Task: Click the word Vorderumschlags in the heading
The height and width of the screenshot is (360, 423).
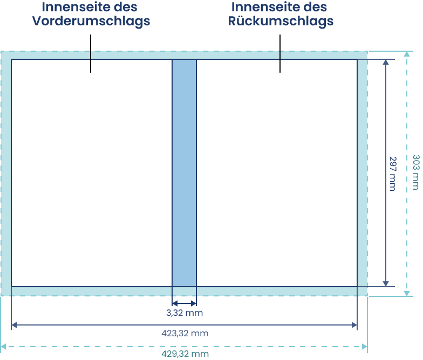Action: (91, 22)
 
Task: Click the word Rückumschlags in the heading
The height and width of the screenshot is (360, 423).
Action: (281, 22)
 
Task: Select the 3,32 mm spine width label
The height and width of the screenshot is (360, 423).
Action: (185, 313)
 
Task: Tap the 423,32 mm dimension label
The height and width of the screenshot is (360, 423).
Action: (185, 333)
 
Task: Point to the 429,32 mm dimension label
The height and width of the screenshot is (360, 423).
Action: (185, 354)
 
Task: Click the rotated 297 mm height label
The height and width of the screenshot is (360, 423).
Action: (393, 174)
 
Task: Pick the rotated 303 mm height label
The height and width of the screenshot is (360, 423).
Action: (417, 172)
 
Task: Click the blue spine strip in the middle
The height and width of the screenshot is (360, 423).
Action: (185, 173)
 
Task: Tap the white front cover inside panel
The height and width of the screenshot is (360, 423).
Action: (92, 173)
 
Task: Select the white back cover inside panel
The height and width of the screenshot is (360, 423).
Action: (277, 173)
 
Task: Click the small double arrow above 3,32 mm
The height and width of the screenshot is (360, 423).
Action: (185, 303)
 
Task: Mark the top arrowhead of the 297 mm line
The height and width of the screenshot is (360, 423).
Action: (386, 63)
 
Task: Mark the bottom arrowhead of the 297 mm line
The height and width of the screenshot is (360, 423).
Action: (386, 283)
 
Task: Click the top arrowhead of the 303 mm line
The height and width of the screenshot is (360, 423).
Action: (407, 54)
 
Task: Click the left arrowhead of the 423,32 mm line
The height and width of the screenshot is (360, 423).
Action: (14, 325)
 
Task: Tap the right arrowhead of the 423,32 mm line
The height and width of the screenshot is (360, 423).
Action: (354, 325)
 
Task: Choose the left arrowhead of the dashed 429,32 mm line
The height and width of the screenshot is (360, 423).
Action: (3, 347)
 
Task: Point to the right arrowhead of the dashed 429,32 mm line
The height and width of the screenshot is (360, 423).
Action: (365, 347)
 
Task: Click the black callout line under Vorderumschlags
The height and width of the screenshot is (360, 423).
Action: (91, 53)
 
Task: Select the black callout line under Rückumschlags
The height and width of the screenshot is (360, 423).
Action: (280, 53)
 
